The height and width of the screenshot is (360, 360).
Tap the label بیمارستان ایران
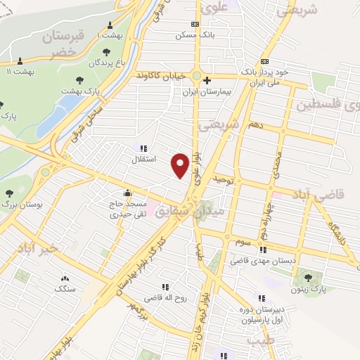(207, 91)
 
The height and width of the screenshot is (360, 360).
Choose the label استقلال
(144, 159)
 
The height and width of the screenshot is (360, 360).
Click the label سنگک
(65, 288)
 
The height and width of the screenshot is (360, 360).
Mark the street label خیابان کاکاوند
(161, 75)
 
